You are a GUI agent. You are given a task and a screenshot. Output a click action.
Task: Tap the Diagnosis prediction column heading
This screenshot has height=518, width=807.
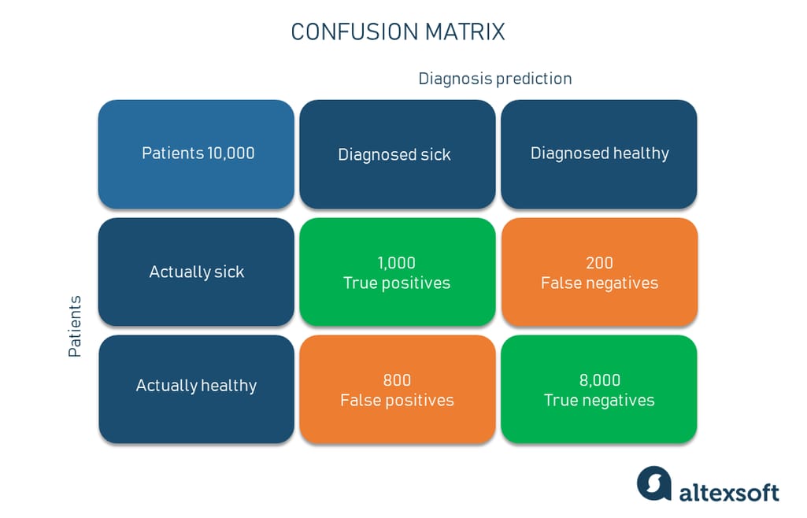tap(494, 79)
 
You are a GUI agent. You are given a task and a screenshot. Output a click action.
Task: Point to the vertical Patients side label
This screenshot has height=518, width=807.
tap(75, 327)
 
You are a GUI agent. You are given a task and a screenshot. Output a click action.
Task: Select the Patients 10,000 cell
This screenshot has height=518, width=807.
tap(196, 154)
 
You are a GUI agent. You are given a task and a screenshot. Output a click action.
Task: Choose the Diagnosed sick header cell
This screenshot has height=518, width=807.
tap(397, 154)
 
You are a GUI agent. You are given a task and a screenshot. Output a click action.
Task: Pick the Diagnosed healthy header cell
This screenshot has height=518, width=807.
tap(599, 154)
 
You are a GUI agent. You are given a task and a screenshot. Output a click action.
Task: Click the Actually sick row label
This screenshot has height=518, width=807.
tap(196, 272)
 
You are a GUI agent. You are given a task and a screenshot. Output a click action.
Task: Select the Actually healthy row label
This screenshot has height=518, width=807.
tap(196, 386)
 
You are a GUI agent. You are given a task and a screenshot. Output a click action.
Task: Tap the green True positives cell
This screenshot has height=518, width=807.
tap(397, 272)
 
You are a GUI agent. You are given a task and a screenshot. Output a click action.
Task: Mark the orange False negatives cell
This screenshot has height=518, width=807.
tap(599, 272)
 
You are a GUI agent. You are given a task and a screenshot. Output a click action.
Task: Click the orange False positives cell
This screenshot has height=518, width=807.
tap(397, 389)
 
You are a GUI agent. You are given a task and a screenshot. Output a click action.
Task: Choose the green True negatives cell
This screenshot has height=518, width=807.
tap(599, 389)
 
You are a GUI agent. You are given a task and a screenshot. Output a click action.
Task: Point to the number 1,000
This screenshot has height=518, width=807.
tap(397, 263)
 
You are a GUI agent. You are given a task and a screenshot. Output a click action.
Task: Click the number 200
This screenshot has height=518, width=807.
tap(599, 263)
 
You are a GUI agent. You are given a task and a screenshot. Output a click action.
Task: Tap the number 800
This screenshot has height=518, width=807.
tap(397, 380)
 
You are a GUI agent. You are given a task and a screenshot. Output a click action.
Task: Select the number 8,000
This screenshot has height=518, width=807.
tap(600, 380)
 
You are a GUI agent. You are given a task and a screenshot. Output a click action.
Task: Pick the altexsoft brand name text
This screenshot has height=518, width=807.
tap(729, 492)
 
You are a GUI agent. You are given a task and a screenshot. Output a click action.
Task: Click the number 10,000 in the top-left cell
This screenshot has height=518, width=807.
tap(231, 154)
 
